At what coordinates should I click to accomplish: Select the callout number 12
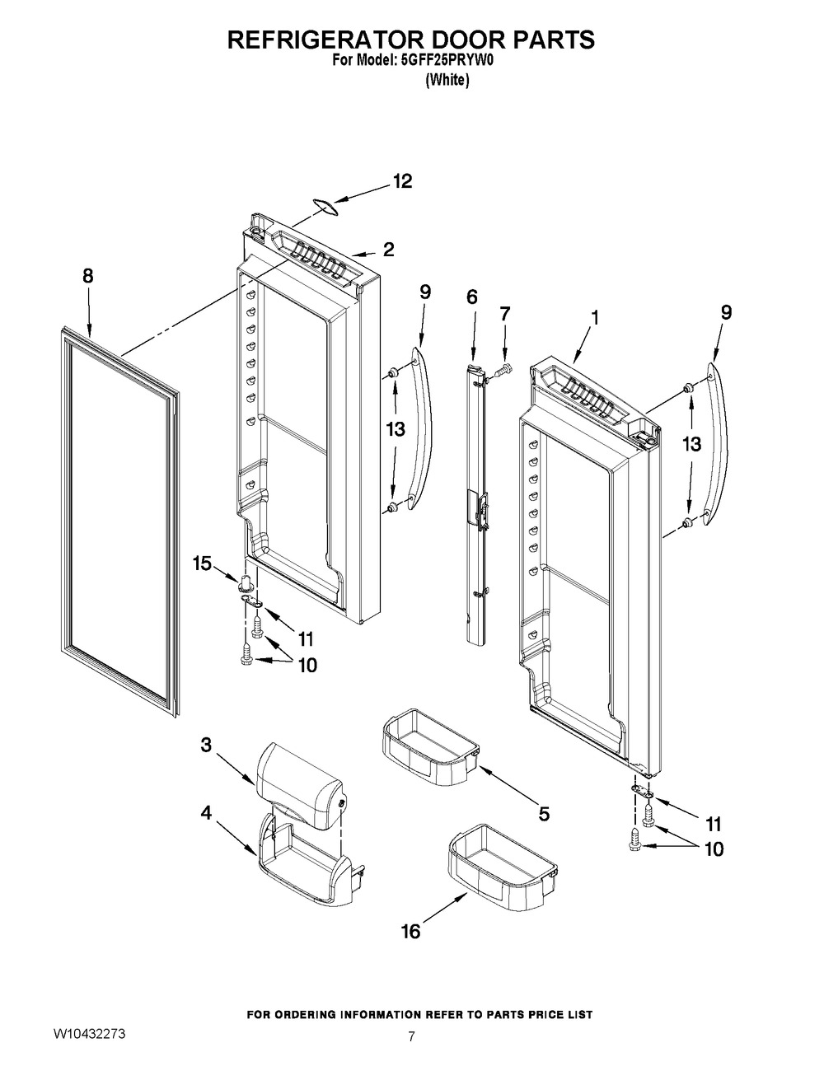coord(402,181)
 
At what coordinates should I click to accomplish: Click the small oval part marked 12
coord(324,207)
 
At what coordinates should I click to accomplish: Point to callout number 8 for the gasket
coord(87,276)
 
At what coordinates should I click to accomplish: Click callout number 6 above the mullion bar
coord(471,297)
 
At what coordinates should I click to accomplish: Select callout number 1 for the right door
coord(594,318)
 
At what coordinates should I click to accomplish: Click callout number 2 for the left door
coord(388,250)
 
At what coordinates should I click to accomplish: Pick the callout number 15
coord(202,563)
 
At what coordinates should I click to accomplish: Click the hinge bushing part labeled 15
coord(246,584)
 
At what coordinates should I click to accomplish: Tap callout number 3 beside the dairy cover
coord(206,758)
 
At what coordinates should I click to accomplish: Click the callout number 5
coord(544,814)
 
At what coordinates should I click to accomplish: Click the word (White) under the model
coord(447,80)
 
